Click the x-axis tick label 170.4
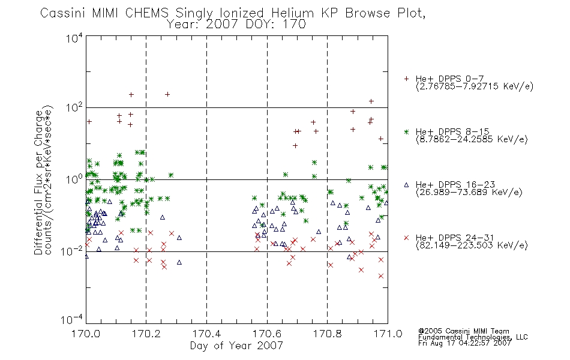(206, 334)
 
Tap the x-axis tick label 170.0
(86, 334)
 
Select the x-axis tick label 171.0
(388, 334)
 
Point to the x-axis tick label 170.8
(327, 334)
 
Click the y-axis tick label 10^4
(74, 38)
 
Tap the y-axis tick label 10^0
(74, 179)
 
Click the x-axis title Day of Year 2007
(236, 346)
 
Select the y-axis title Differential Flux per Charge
(38, 182)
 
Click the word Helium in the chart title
(292, 13)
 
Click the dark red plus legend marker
(406, 79)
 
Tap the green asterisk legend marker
(406, 131)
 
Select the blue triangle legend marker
(406, 185)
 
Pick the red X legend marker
(406, 238)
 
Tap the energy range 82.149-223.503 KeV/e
(472, 245)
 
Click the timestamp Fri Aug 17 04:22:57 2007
(464, 343)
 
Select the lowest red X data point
(380, 276)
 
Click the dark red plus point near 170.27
(167, 94)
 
